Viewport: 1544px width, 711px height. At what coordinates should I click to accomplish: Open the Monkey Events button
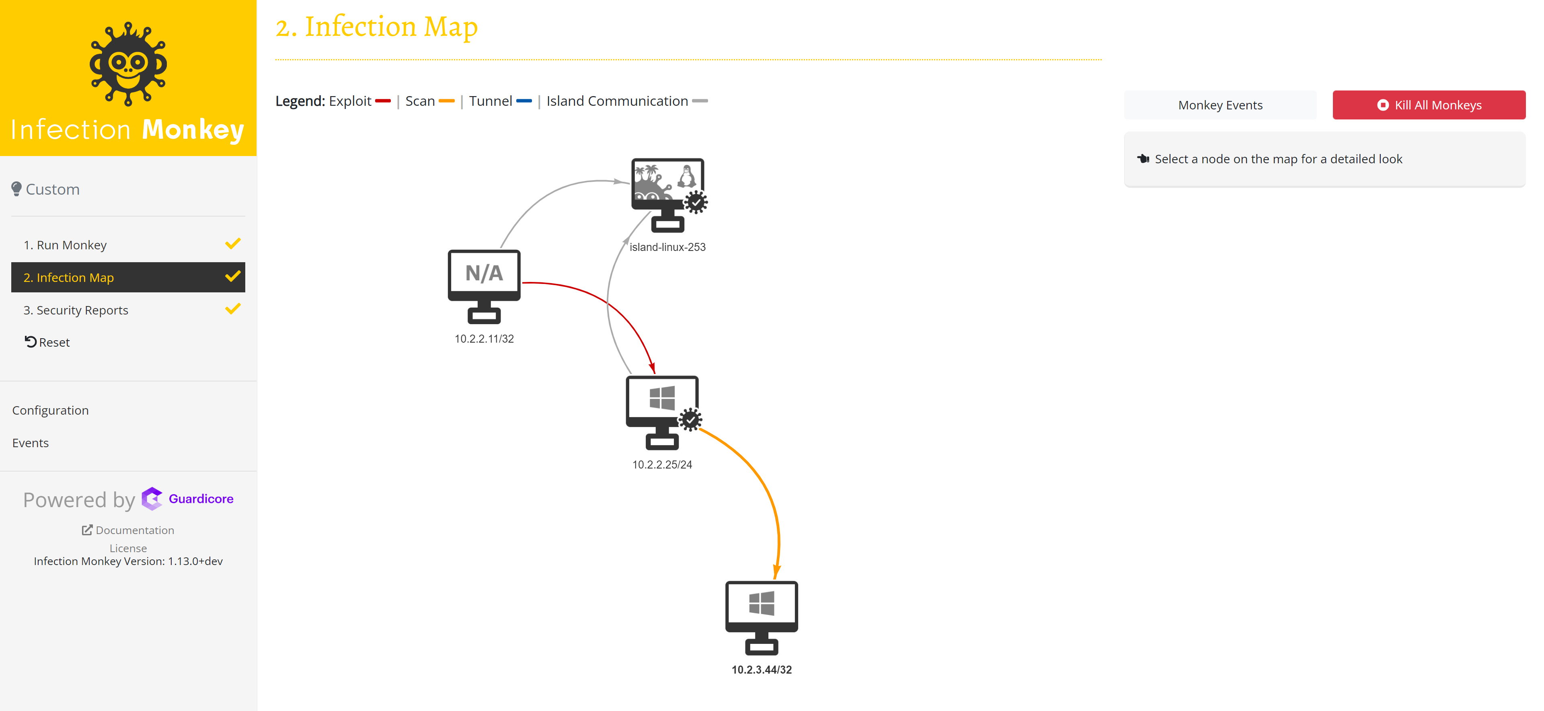pyautogui.click(x=1220, y=105)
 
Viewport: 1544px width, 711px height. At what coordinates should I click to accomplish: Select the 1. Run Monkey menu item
pyautogui.click(x=65, y=245)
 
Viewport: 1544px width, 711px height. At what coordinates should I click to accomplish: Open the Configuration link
pyautogui.click(x=50, y=410)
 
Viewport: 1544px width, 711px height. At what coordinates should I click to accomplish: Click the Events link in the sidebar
pyautogui.click(x=30, y=442)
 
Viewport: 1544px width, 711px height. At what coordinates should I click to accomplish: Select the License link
pyautogui.click(x=128, y=548)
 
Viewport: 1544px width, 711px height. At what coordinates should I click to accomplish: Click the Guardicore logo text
pyautogui.click(x=201, y=499)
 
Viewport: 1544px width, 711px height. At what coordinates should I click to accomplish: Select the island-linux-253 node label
pyautogui.click(x=667, y=247)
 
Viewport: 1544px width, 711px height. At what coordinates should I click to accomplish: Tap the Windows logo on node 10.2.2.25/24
pyautogui.click(x=662, y=398)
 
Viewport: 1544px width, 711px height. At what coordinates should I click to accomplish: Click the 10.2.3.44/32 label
pyautogui.click(x=761, y=670)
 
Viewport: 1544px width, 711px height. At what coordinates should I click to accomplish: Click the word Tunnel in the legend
pyautogui.click(x=490, y=101)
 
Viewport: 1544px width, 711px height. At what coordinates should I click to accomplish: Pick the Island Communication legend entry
pyautogui.click(x=617, y=101)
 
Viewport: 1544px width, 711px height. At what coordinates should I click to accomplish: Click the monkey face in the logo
pyautogui.click(x=128, y=65)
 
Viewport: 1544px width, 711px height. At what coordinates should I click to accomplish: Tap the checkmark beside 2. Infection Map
pyautogui.click(x=232, y=276)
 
